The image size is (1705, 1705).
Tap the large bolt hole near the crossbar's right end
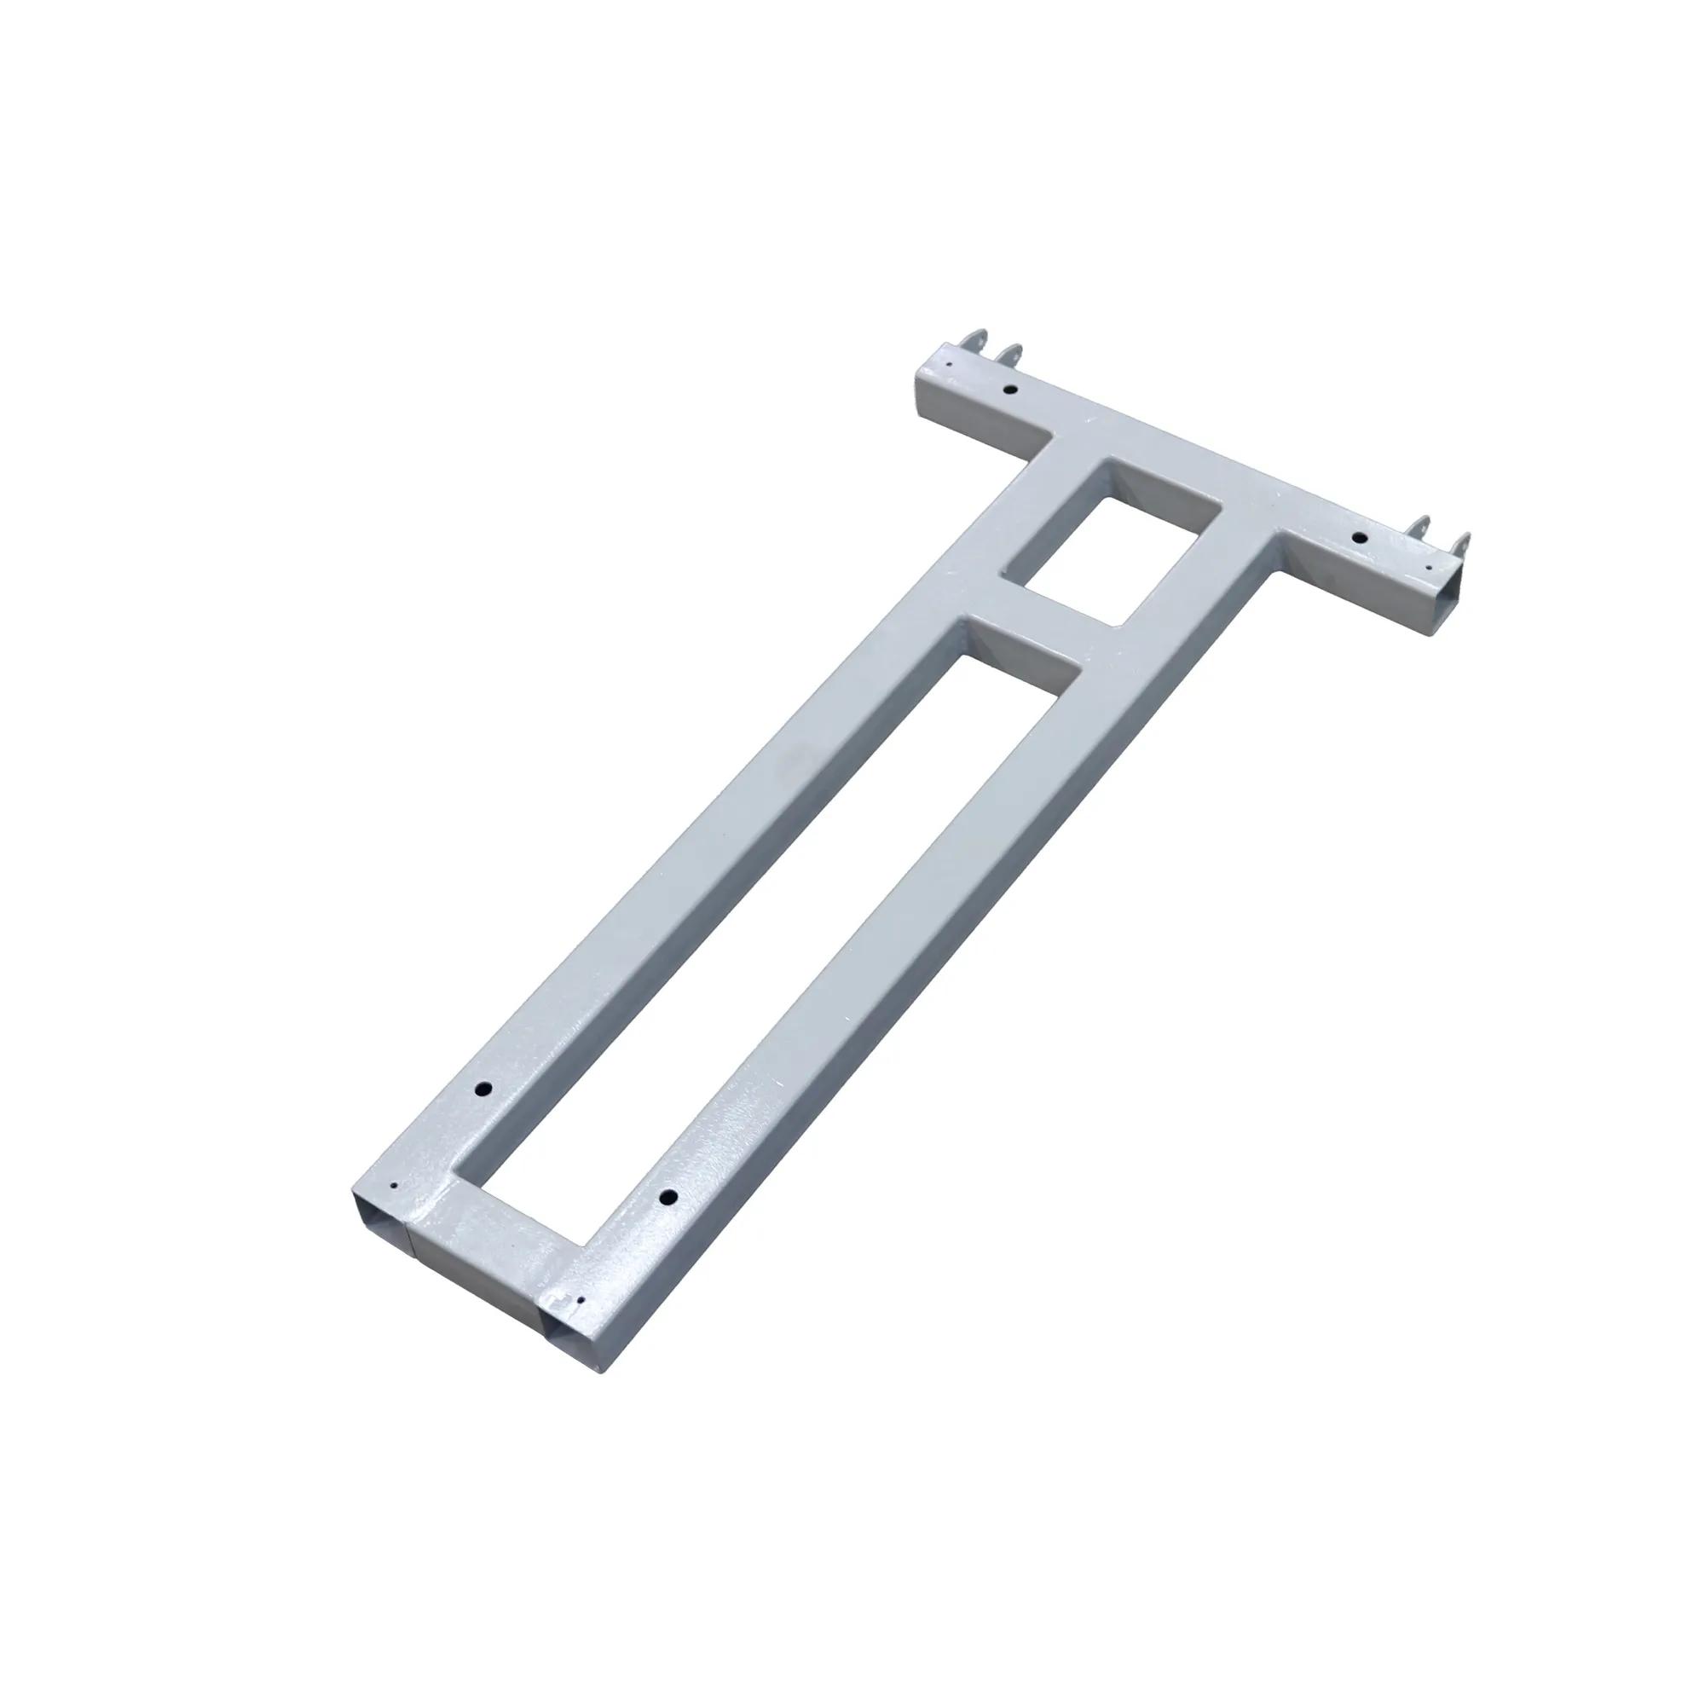pyautogui.click(x=1360, y=537)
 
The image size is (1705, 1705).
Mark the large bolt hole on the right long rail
pyautogui.click(x=669, y=1198)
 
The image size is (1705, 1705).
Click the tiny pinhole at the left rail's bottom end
pyautogui.click(x=396, y=1188)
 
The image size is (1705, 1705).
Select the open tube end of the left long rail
pyautogui.click(x=379, y=1220)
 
